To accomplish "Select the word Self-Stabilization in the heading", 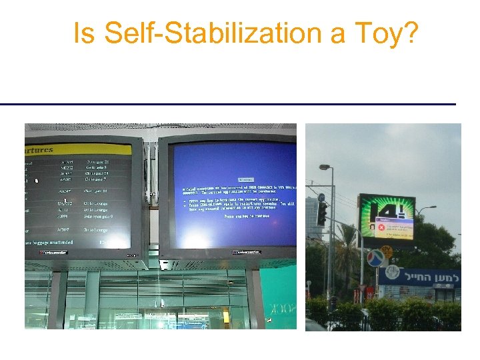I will [224, 33].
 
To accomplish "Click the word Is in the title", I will [85, 33].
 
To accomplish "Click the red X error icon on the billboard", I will [382, 228].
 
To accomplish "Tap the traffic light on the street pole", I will [322, 213].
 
